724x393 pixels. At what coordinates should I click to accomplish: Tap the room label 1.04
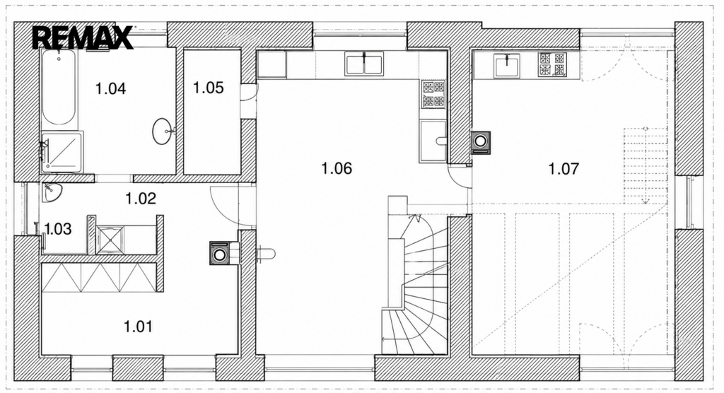click(111, 88)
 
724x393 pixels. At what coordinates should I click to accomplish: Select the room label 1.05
click(209, 87)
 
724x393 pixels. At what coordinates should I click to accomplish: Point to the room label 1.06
click(337, 168)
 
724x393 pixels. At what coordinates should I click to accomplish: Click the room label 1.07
click(564, 168)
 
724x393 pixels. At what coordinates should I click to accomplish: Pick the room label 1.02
click(141, 198)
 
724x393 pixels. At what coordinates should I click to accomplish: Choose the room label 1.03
click(58, 228)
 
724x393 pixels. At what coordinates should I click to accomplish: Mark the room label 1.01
click(138, 327)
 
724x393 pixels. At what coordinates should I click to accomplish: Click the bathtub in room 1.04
click(59, 87)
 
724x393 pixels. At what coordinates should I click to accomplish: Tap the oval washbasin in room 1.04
click(162, 131)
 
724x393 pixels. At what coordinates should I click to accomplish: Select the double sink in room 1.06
click(364, 64)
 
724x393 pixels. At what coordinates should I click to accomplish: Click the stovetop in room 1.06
click(433, 94)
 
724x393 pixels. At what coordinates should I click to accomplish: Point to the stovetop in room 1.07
click(553, 64)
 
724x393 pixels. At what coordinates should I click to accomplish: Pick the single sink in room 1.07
click(507, 66)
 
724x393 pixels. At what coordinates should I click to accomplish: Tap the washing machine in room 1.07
click(480, 143)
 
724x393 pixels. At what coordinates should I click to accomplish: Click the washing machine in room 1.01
click(220, 253)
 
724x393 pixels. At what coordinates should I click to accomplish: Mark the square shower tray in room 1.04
click(62, 152)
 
